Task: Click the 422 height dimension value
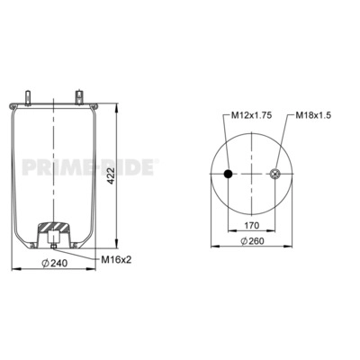point(112,175)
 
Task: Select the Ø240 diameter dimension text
point(54,263)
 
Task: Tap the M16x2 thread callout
point(116,259)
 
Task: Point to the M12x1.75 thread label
point(251,115)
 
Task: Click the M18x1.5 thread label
point(313,115)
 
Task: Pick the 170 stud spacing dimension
point(251,225)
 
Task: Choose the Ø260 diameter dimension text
point(252,240)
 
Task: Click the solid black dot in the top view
point(229,174)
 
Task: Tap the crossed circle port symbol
point(274,174)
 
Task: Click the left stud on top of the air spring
point(28,97)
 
